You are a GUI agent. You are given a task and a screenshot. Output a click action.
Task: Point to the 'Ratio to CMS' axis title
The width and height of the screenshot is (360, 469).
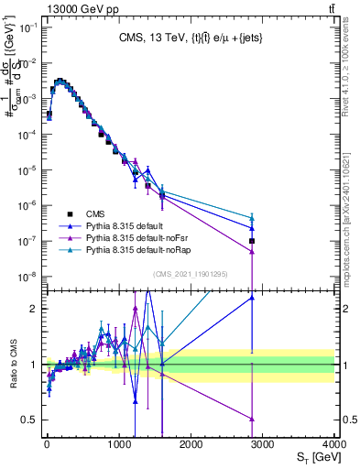click(x=13, y=364)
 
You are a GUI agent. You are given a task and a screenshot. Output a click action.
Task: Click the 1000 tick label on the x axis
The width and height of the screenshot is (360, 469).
click(x=118, y=444)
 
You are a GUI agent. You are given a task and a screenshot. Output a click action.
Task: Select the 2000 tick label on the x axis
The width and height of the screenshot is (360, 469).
click(x=191, y=444)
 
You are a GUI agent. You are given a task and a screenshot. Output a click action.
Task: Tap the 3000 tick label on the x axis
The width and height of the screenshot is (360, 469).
click(x=263, y=444)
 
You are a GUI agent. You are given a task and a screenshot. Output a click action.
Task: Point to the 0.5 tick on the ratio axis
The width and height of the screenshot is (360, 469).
click(x=27, y=420)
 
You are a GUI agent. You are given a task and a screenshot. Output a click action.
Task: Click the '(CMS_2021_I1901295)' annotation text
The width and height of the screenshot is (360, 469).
click(x=191, y=274)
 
